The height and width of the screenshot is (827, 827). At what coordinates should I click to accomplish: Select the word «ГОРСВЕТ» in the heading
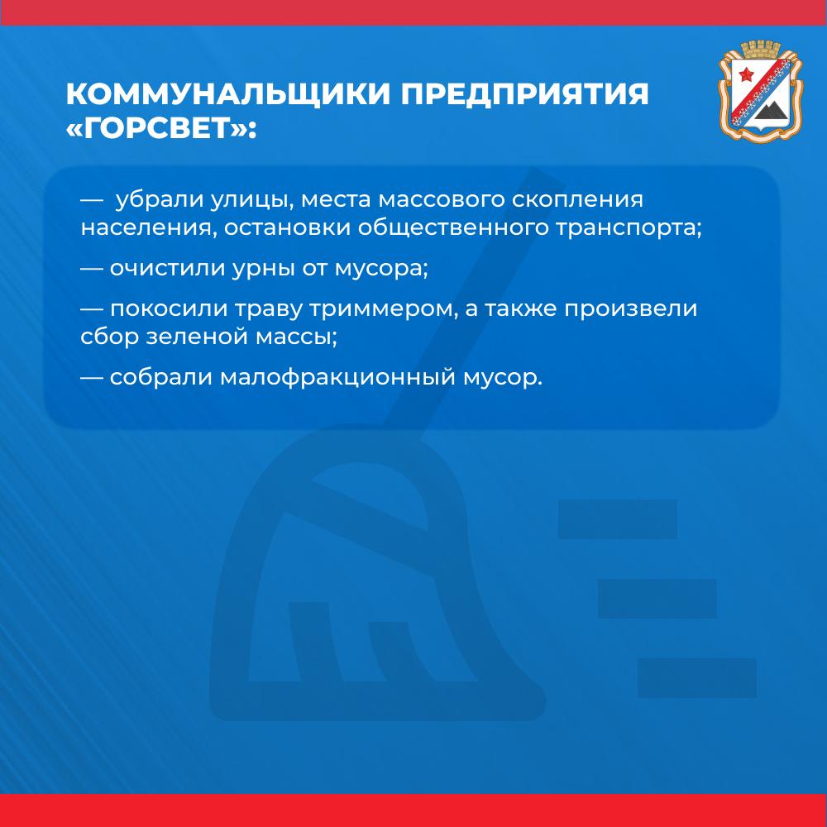[156, 127]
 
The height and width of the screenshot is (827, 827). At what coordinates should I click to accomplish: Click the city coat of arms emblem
[760, 91]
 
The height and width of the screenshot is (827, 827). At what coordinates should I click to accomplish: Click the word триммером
[381, 309]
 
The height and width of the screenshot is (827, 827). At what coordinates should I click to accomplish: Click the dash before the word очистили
[91, 269]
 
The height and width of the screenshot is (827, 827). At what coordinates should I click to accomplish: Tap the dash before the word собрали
[91, 378]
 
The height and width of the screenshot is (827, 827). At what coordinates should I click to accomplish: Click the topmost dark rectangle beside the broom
[618, 519]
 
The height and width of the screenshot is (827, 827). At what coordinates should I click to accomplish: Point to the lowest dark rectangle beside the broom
[696, 678]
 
